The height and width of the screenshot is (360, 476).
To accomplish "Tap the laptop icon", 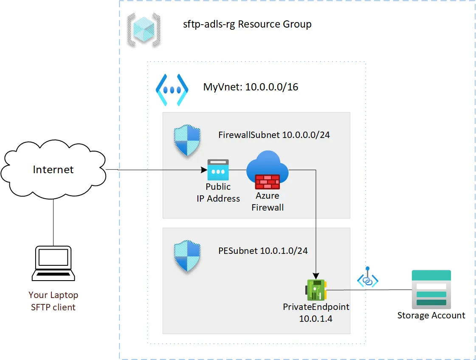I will [x=54, y=264].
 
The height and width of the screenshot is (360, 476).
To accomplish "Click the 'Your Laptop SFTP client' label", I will [x=54, y=301].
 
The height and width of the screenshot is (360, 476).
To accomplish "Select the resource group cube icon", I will [x=144, y=29].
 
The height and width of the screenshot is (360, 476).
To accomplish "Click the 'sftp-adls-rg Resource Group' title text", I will [x=247, y=24].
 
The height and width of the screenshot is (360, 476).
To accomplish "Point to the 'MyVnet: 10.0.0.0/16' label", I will [x=251, y=87].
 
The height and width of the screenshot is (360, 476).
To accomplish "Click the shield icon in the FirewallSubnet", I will [x=187, y=141].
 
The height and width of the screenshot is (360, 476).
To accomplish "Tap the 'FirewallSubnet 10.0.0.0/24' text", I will [x=274, y=135].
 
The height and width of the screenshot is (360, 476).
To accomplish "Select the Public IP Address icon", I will [x=218, y=170].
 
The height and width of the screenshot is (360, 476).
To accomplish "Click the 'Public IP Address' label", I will [x=218, y=193].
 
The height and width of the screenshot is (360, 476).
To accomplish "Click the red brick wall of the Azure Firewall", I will [x=267, y=182].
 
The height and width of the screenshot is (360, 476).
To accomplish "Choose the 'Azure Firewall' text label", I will [x=268, y=202].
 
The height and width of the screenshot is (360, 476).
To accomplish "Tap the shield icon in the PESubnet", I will [x=187, y=257].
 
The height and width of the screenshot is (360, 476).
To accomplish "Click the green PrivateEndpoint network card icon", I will [x=316, y=290].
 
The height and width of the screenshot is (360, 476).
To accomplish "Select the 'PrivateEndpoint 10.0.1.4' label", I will [x=316, y=312].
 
